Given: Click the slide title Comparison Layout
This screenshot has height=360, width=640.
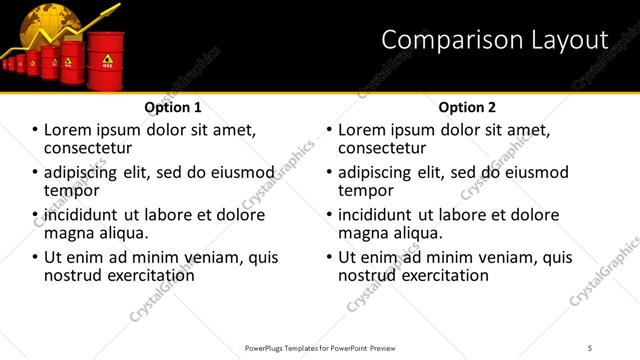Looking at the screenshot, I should (495, 40).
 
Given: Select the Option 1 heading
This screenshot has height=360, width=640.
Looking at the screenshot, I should (173, 107).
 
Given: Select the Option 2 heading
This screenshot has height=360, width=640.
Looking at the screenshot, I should (467, 107).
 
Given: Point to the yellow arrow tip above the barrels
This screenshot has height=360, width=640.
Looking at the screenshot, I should (118, 7).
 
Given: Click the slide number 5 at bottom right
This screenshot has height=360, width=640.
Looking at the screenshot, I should (590, 347).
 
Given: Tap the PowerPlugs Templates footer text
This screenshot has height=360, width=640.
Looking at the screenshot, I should (319, 347).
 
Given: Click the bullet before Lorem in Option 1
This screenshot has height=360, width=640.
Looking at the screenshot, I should (35, 130).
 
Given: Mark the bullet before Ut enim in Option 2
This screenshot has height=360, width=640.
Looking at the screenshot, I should (329, 257).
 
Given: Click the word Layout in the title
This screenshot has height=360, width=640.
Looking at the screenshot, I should (569, 40).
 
